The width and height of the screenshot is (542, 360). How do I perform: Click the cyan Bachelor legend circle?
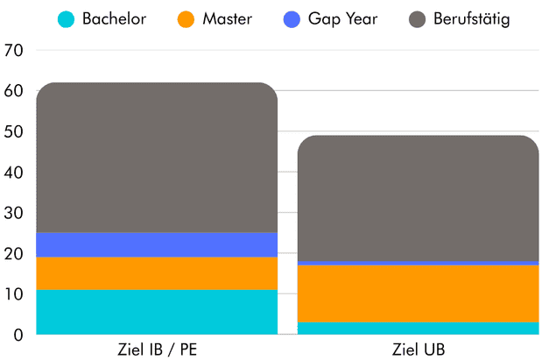point(67,18)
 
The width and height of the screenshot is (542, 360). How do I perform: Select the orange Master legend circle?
point(184,18)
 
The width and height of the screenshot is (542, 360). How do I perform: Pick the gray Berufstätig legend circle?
point(418,18)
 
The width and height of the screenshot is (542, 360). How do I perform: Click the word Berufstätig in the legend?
point(471,18)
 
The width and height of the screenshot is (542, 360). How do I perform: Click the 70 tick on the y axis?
point(15,51)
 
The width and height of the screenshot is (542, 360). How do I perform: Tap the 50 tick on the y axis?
point(15,132)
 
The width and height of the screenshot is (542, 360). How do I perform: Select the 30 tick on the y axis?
point(15,213)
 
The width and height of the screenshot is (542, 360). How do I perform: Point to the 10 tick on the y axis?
point(15,294)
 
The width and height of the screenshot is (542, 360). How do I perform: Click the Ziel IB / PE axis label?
point(156,349)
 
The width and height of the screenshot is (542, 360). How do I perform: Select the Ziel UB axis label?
point(418,349)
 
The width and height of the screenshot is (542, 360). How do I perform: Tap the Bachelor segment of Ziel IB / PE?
point(157,312)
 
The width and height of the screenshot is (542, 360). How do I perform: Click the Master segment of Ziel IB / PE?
point(157,273)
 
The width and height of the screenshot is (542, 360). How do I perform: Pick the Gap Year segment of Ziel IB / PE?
point(157,244)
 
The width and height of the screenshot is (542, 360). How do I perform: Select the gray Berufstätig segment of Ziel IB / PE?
point(157,158)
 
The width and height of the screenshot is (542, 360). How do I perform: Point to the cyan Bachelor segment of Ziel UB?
point(418,328)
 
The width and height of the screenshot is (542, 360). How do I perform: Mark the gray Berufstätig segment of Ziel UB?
point(418,198)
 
